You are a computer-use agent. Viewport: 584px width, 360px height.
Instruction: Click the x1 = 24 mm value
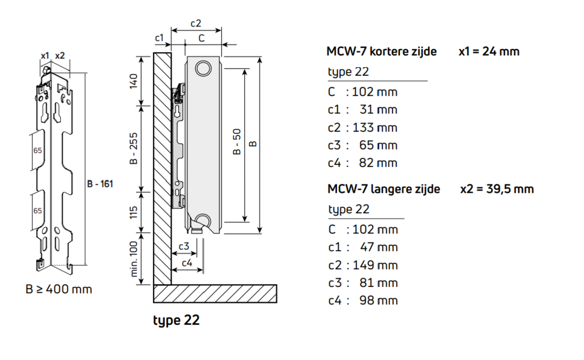[x=489, y=51]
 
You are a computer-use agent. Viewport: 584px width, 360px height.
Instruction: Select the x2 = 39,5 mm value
[x=496, y=189]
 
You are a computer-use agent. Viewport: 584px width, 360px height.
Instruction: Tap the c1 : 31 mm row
[x=362, y=109]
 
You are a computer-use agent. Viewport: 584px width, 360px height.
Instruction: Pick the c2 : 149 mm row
[x=362, y=265]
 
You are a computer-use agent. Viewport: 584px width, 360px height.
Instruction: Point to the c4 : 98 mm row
[x=362, y=300]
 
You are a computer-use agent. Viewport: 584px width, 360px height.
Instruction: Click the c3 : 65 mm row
[x=362, y=145]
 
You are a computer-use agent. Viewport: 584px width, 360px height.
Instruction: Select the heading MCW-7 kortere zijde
[x=381, y=51]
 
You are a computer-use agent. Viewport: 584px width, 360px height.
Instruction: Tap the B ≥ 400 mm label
[x=58, y=289]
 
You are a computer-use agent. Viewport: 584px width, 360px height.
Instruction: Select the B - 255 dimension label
[x=134, y=149]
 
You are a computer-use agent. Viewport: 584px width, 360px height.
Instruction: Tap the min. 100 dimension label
[x=134, y=258]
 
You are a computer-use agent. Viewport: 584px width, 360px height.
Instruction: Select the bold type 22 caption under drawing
[x=176, y=320]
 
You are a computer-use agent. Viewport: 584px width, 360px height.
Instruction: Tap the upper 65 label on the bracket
[x=38, y=151]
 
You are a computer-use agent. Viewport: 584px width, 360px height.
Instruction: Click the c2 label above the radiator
[x=196, y=23]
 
